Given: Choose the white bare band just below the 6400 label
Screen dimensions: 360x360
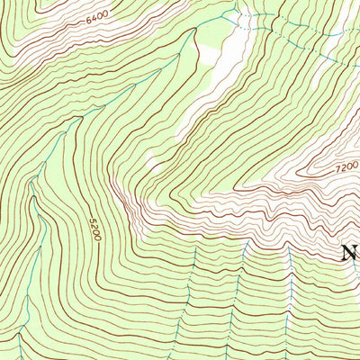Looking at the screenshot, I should (x=81, y=40).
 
